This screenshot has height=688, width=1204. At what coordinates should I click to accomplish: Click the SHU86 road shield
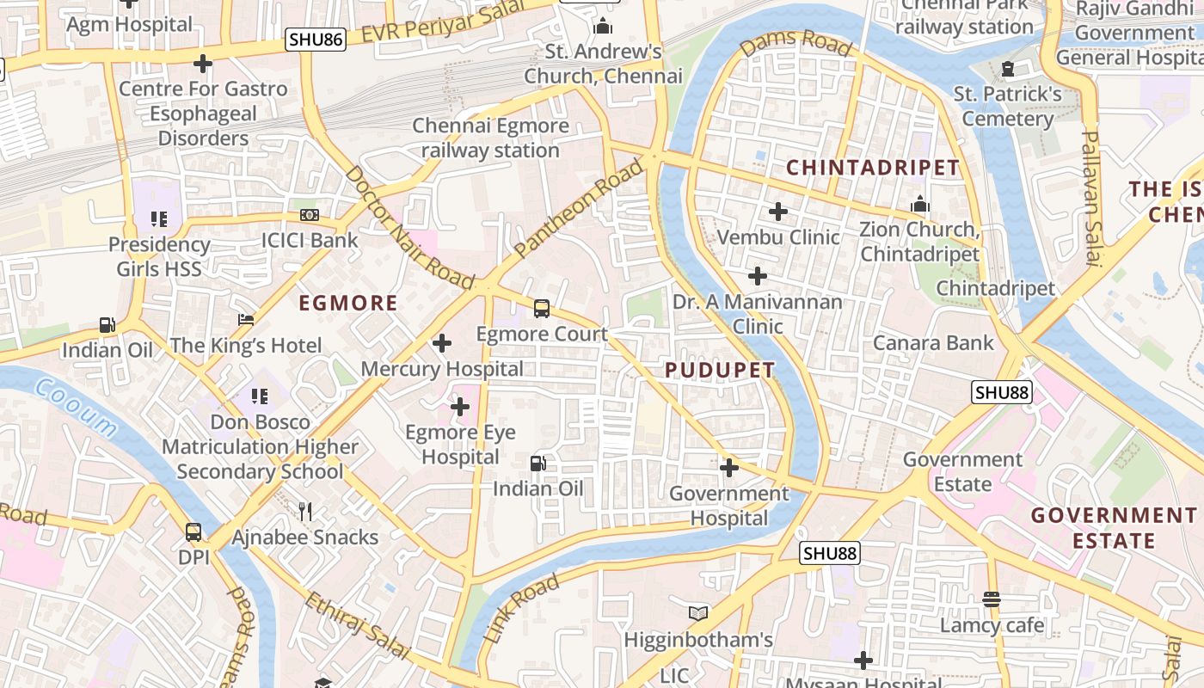[x=316, y=39]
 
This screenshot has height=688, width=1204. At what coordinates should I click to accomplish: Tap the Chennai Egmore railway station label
[x=490, y=138]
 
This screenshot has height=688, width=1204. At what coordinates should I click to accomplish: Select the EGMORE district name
[x=347, y=303]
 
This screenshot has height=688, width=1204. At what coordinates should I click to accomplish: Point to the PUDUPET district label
[x=720, y=370]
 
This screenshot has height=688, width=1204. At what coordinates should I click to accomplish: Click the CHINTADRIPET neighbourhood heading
[x=873, y=167]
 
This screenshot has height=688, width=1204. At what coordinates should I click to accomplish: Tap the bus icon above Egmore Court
[x=542, y=308]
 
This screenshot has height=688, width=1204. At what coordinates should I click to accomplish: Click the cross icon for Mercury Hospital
[x=442, y=344]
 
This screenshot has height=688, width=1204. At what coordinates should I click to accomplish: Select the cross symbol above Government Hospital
[x=729, y=468]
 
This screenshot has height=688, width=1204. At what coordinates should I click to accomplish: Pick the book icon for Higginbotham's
[x=698, y=614]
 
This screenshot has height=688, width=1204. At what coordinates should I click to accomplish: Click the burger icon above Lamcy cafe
[x=992, y=599]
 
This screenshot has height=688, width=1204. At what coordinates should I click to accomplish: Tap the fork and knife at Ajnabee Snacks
[x=305, y=512]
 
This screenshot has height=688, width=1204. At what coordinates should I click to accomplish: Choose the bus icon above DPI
[x=193, y=532]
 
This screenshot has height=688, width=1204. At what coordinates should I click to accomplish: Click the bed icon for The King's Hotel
[x=246, y=320]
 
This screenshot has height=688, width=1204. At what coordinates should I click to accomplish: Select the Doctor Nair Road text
[x=408, y=227]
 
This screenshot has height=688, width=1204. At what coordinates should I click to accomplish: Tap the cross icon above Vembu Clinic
[x=778, y=211]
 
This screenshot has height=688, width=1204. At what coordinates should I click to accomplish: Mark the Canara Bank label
[x=933, y=343]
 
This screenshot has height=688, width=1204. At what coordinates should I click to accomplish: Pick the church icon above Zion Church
[x=920, y=205]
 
